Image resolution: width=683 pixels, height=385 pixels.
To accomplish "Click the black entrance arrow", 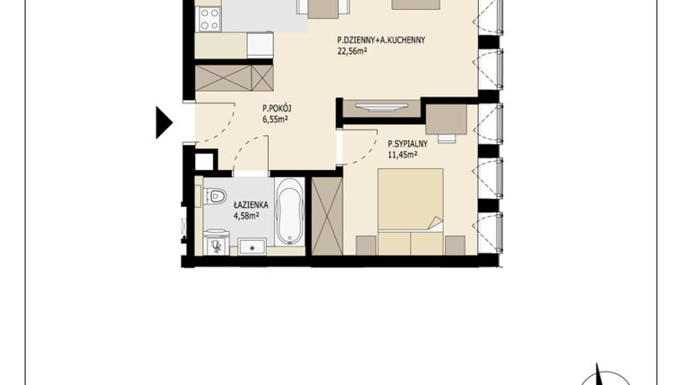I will [x=163, y=121].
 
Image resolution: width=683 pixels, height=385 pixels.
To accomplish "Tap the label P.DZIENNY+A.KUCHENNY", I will [x=380, y=40].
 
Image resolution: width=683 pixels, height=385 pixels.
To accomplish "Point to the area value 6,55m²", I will [x=275, y=119].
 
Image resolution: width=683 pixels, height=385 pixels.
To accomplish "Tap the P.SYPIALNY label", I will [x=409, y=143].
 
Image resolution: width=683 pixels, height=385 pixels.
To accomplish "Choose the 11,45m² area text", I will [x=403, y=154].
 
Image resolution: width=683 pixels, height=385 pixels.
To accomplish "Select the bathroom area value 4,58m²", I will [x=246, y=215].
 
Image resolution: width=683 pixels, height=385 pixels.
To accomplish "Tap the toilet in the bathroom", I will [x=214, y=195].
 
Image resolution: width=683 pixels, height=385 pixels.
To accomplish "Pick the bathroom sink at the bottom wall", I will [x=252, y=245].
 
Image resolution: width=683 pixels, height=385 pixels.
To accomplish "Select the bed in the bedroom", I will [x=410, y=209].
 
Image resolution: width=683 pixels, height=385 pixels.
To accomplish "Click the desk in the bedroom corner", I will [x=445, y=120].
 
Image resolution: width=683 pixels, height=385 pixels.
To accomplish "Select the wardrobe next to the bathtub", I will [x=326, y=215].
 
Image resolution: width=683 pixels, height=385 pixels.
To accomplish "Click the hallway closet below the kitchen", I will [x=234, y=77].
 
